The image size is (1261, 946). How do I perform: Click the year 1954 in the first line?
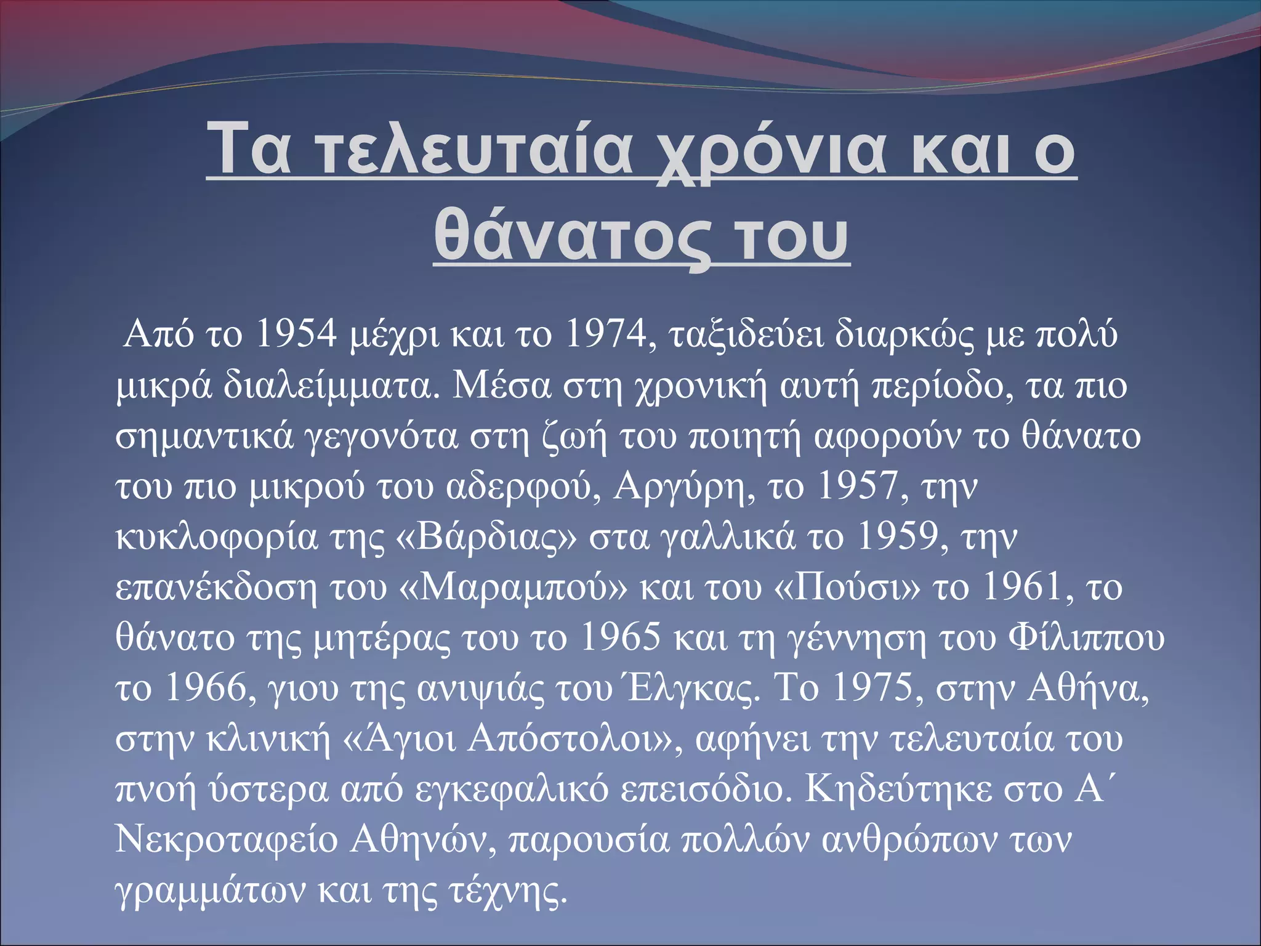click(x=296, y=334)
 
